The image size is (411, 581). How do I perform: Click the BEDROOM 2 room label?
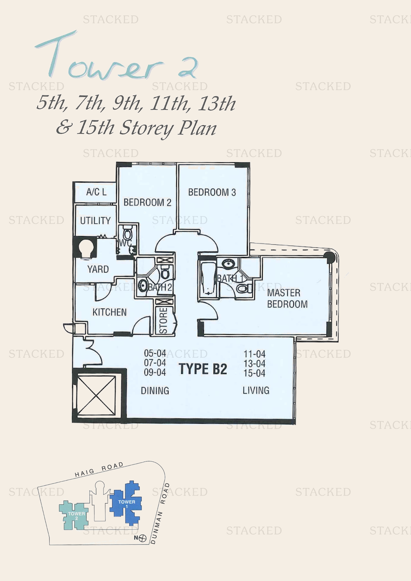(x=147, y=202)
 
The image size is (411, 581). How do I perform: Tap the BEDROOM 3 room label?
(x=212, y=192)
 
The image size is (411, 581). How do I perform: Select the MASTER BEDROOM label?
(x=287, y=298)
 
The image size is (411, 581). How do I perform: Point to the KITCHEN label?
(x=109, y=312)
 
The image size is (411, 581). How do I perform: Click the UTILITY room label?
(x=95, y=221)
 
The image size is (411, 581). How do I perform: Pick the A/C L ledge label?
(x=96, y=192)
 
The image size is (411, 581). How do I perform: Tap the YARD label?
(x=98, y=269)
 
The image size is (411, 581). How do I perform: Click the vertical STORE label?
(x=163, y=321)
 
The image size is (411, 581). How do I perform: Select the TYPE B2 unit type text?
(x=203, y=369)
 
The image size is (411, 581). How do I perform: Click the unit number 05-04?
(x=155, y=353)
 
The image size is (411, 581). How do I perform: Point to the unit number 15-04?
(x=254, y=373)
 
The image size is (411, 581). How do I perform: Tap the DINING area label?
(x=155, y=391)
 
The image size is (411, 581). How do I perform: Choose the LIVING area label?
(x=256, y=390)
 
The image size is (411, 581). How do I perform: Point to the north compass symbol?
(x=142, y=538)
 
